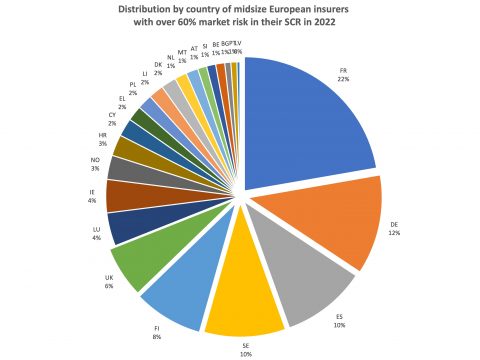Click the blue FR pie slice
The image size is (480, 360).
coord(300,120)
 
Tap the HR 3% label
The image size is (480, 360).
coord(102,138)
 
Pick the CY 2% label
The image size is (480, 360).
coord(112,119)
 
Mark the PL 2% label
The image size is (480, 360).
coord(132,88)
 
